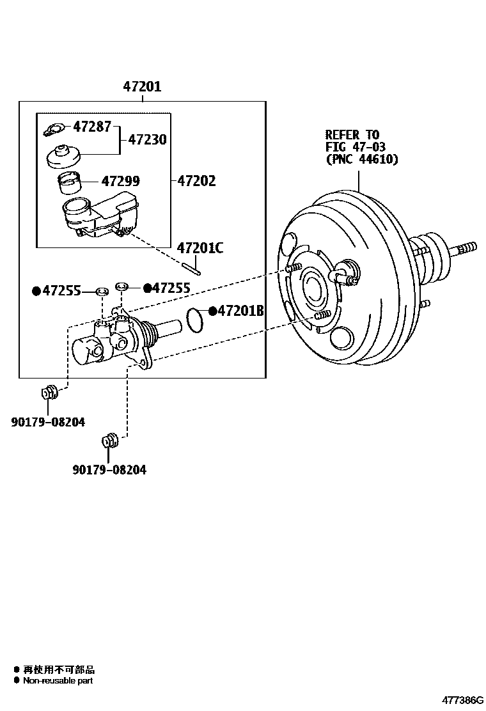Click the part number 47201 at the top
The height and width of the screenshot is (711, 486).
coord(142,87)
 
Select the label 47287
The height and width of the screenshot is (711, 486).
coord(93,127)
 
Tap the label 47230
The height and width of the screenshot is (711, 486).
coord(148,139)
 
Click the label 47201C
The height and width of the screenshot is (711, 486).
coord(200,248)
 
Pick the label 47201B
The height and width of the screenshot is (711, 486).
coord(241,311)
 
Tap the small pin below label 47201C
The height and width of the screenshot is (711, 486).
coord(191,267)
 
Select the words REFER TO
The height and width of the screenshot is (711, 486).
coord(352,135)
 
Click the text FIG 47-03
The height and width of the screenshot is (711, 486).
coord(356,147)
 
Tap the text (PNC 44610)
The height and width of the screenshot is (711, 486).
coord(361,160)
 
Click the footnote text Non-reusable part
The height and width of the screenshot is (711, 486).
coord(58,681)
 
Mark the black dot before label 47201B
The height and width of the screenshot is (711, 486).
coord(212,311)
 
